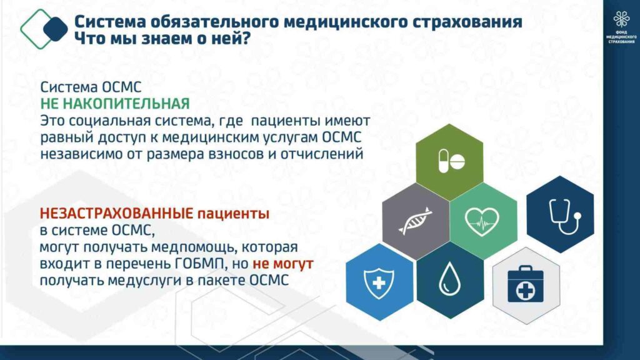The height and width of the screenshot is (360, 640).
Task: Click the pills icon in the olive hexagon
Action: pyautogui.click(x=451, y=161)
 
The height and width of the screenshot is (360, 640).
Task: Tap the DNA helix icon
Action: pyautogui.click(x=416, y=221)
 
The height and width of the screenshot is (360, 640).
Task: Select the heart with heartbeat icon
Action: pyautogui.click(x=482, y=222)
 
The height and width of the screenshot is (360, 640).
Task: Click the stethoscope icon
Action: pyautogui.click(x=564, y=216)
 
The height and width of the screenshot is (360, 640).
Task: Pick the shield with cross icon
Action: pyautogui.click(x=379, y=282)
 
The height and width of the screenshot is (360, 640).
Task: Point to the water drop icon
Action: pyautogui.click(x=449, y=279)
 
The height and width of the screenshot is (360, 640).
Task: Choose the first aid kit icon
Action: pyautogui.click(x=525, y=284)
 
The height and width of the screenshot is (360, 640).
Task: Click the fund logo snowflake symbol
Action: pyautogui.click(x=621, y=19)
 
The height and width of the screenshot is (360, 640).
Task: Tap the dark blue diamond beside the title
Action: pyautogui.click(x=56, y=29)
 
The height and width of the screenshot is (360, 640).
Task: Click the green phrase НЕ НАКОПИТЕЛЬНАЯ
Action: pyautogui.click(x=115, y=104)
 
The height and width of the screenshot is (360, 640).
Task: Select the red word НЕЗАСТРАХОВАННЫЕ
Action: pyautogui.click(x=116, y=213)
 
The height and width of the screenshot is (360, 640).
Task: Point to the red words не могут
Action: pyautogui.click(x=283, y=264)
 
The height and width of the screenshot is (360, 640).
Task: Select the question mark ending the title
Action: pyautogui.click(x=245, y=39)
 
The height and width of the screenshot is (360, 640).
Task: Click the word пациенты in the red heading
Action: pyautogui.click(x=234, y=214)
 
